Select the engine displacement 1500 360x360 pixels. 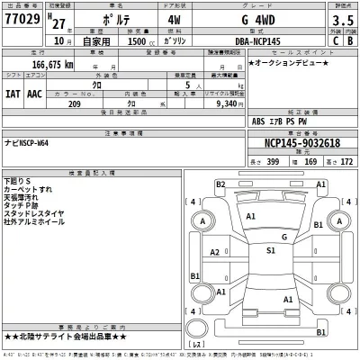[x=145, y=40]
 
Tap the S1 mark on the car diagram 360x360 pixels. [x=270, y=250]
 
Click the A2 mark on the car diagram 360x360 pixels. [x=215, y=252]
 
